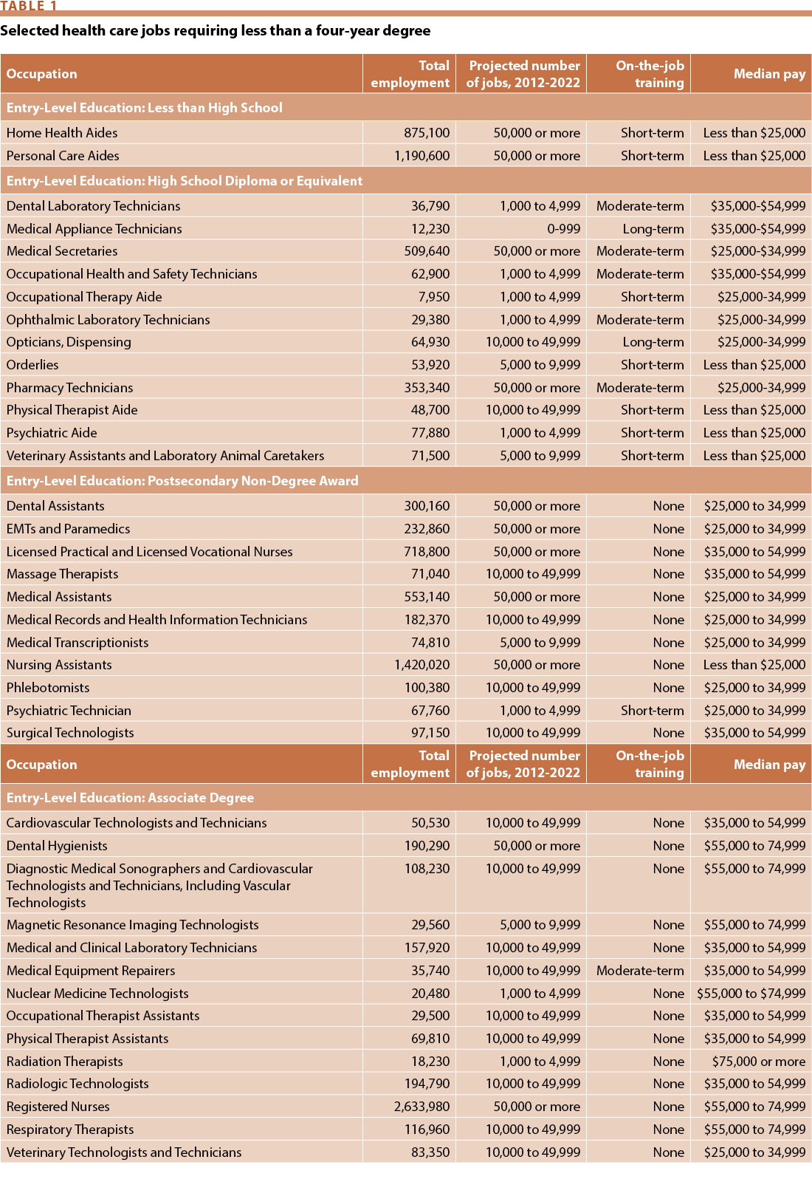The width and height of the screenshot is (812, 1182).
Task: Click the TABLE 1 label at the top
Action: (x=29, y=6)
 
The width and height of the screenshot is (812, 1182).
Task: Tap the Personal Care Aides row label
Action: (x=63, y=156)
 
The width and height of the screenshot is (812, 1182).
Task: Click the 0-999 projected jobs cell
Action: (x=563, y=229)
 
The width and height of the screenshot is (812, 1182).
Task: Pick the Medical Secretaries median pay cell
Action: (x=758, y=251)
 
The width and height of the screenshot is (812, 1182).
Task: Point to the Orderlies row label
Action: (x=32, y=365)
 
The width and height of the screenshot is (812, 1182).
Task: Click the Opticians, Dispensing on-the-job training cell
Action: (x=653, y=342)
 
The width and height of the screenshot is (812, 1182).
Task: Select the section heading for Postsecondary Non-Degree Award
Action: (x=182, y=481)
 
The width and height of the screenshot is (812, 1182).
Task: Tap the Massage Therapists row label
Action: (x=62, y=574)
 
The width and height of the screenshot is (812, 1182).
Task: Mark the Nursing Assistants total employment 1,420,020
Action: (x=422, y=665)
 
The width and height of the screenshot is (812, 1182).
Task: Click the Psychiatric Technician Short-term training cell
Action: (x=653, y=711)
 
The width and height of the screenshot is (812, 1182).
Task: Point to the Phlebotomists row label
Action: (x=48, y=688)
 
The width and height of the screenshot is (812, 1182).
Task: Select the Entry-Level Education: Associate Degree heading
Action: (x=130, y=798)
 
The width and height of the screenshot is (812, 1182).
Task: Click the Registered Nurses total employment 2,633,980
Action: (x=422, y=1107)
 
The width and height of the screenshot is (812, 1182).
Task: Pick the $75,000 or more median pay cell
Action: (x=759, y=1062)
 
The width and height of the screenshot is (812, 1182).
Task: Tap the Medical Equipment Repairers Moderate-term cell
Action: (x=640, y=971)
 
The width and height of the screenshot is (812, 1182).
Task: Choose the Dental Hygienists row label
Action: (x=57, y=846)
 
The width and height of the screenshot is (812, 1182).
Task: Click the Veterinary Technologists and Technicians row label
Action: (x=124, y=1152)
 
